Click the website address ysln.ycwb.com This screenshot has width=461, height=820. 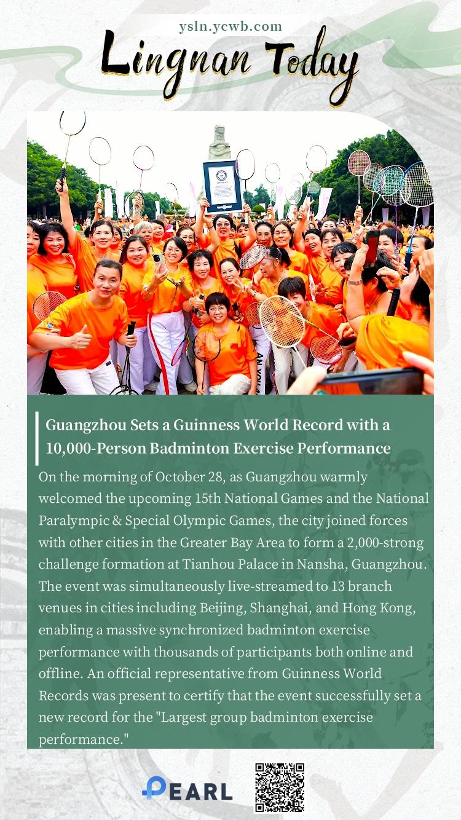(x=230, y=26)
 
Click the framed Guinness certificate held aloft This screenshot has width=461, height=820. (x=223, y=185)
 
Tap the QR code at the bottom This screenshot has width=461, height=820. (x=280, y=787)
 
